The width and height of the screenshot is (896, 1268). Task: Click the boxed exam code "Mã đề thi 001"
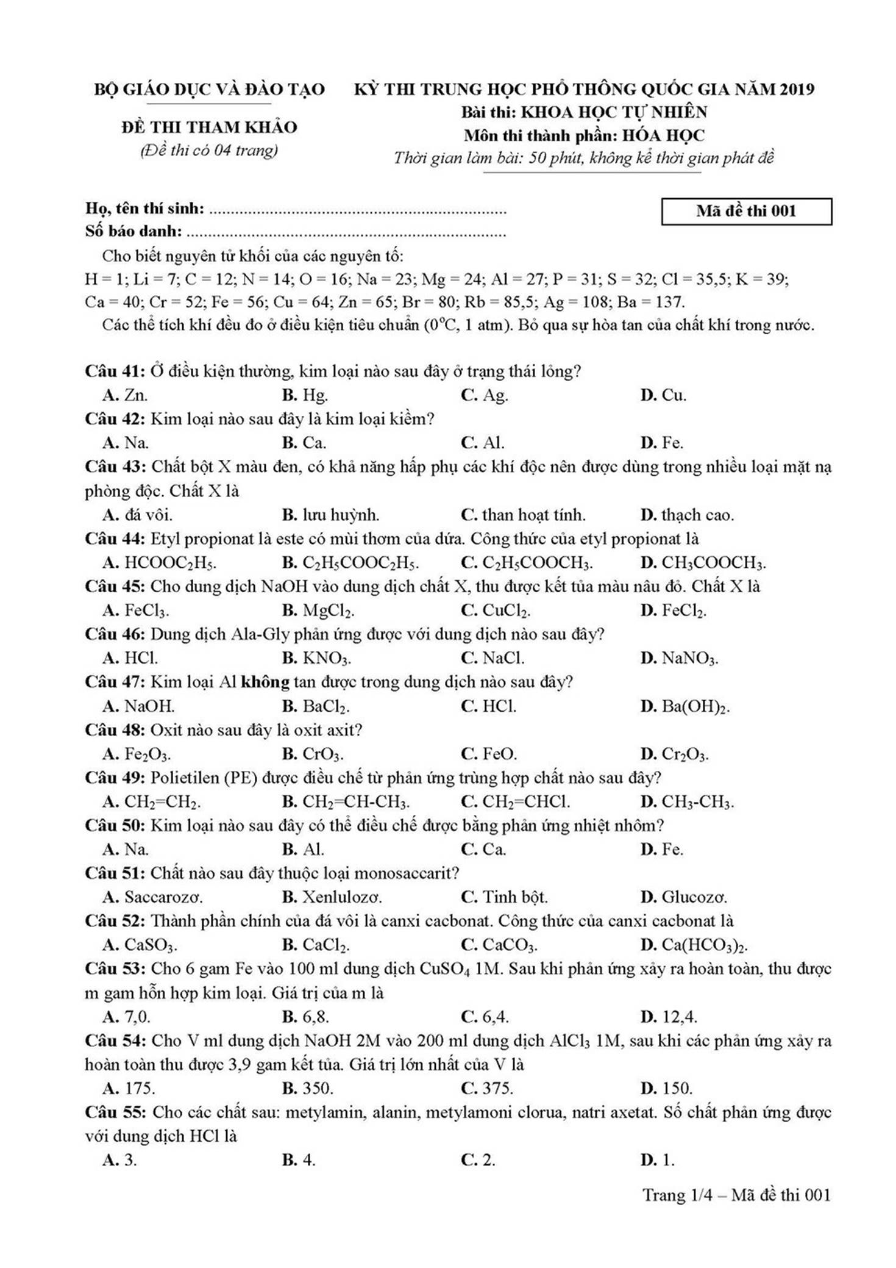click(x=746, y=212)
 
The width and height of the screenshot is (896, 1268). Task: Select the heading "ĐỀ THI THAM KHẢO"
click(x=209, y=127)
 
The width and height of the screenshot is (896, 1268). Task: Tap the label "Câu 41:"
click(x=115, y=371)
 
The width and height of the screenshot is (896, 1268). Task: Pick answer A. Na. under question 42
click(x=126, y=443)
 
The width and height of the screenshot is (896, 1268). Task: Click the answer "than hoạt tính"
click(x=533, y=515)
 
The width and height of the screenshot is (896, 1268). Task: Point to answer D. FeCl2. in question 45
click(x=674, y=611)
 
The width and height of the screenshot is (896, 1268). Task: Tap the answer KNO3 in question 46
click(x=326, y=659)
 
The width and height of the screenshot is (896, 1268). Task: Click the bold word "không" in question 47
click(x=265, y=682)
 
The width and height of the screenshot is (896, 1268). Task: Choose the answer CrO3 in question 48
click(x=322, y=755)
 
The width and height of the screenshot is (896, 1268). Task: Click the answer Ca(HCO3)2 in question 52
click(x=704, y=945)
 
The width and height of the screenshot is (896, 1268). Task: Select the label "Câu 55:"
click(x=115, y=1112)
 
